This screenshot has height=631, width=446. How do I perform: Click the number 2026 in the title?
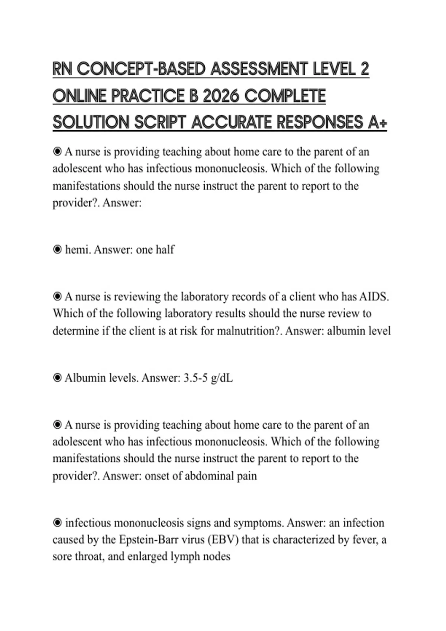coord(222,96)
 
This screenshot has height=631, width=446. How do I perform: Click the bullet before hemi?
coord(57,250)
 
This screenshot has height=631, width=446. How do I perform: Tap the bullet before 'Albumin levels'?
coord(57,378)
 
